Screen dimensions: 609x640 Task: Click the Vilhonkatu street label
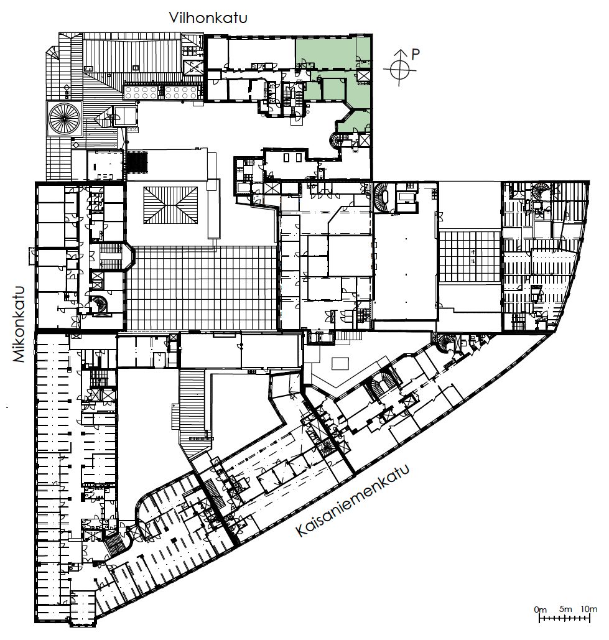pyautogui.click(x=208, y=18)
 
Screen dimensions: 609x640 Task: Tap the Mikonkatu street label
pyautogui.click(x=19, y=325)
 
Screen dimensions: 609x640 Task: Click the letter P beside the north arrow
pyautogui.click(x=415, y=54)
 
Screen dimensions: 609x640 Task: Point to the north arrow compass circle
pyautogui.click(x=400, y=70)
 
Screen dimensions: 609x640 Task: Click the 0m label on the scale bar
pyautogui.click(x=540, y=610)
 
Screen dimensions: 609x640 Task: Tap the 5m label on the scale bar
pyautogui.click(x=565, y=609)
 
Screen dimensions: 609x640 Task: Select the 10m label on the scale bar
pyautogui.click(x=588, y=609)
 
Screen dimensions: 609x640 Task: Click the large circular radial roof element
pyautogui.click(x=64, y=118)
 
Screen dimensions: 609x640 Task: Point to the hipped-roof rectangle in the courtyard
pyautogui.click(x=170, y=205)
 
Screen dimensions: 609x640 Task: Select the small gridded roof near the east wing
pyautogui.click(x=470, y=256)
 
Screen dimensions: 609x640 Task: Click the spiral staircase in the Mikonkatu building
pyautogui.click(x=98, y=305)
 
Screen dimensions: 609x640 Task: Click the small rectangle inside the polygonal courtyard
pyautogui.click(x=340, y=363)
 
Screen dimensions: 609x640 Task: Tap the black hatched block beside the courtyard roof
pyautogui.click(x=137, y=162)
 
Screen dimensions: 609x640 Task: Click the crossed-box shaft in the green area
pyautogui.click(x=363, y=76)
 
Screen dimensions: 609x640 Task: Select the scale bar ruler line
pyautogui.click(x=564, y=618)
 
